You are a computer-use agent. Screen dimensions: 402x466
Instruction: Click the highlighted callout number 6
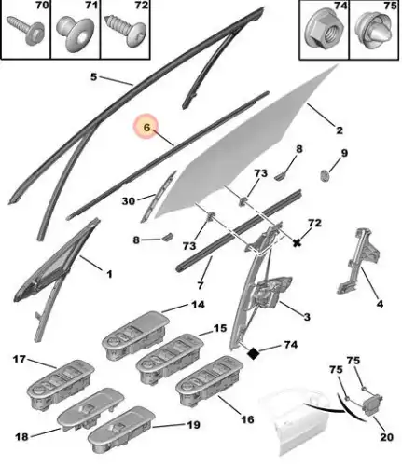click(x=146, y=127)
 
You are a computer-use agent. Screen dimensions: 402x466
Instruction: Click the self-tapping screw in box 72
click(x=126, y=30)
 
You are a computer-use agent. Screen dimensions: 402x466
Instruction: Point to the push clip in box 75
click(x=374, y=30)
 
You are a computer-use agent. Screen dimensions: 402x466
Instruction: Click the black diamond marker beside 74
click(x=253, y=353)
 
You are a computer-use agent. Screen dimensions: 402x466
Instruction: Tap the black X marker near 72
click(x=298, y=242)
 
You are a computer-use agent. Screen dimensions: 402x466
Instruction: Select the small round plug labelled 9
click(x=325, y=176)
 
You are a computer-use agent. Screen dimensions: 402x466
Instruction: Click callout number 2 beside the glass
click(x=340, y=130)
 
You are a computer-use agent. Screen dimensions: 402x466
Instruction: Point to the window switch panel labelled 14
click(x=135, y=336)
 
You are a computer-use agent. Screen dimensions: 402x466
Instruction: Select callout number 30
click(x=129, y=201)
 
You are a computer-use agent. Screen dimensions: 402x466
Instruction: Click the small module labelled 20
click(x=372, y=404)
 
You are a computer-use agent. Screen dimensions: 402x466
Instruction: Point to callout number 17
click(x=20, y=360)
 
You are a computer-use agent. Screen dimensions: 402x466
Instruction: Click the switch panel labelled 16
click(x=209, y=380)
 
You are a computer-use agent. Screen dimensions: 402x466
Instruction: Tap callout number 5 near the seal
click(x=93, y=76)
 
